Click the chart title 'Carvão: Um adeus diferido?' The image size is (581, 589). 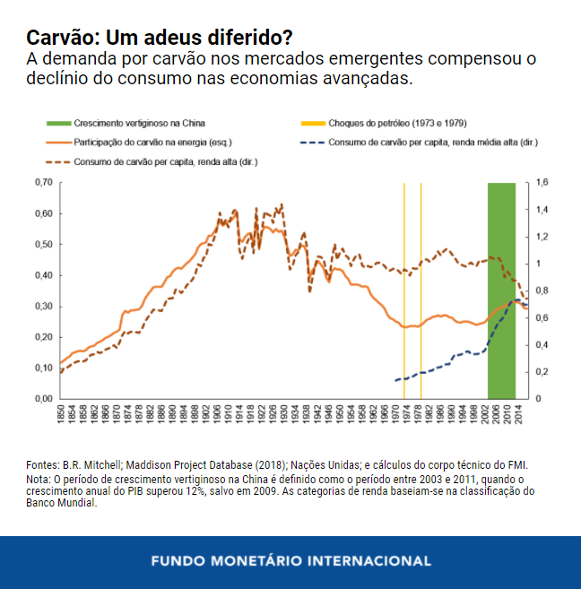[x=159, y=38]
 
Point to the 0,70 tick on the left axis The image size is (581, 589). [x=42, y=183]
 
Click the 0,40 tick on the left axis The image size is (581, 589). [x=42, y=275]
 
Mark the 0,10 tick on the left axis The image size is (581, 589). [x=42, y=368]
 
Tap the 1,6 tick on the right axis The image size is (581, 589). [x=542, y=183]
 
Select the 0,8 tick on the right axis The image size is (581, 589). [x=542, y=290]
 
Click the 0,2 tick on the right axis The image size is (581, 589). [x=542, y=371]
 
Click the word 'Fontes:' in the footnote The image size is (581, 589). [x=41, y=464]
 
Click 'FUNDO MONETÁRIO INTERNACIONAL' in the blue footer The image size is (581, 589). [x=290, y=561]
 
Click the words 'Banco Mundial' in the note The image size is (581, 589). [x=60, y=502]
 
